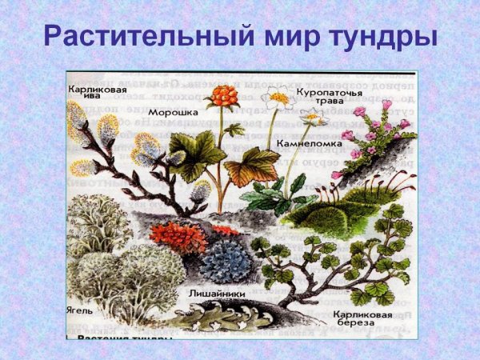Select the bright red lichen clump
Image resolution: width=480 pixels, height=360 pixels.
(178, 238)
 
